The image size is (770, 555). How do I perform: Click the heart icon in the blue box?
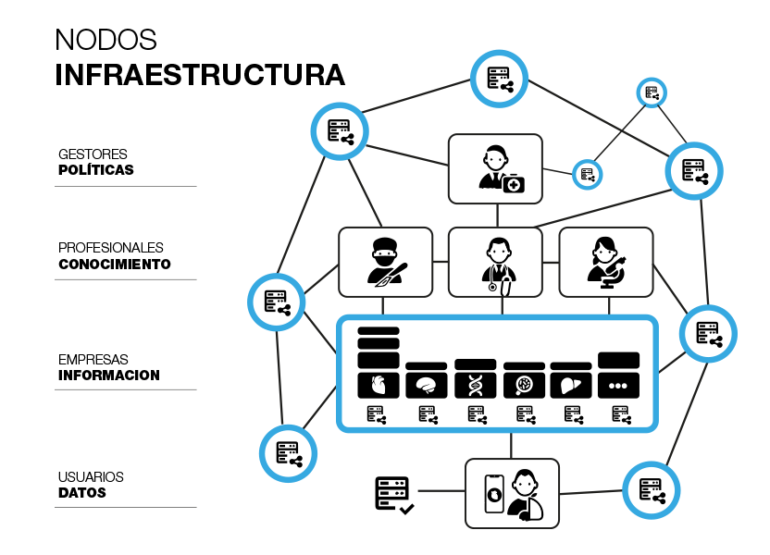pos(378,385)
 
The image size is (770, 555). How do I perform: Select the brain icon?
pos(426,385)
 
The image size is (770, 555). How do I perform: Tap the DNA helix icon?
pos(475,385)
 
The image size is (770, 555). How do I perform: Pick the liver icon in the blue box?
pos(570,385)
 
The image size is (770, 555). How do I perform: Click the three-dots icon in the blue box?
pos(617,386)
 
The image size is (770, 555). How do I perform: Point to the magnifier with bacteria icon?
pos(524,385)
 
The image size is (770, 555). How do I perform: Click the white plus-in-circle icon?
pos(514,185)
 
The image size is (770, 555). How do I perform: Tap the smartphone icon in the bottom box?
pos(494,494)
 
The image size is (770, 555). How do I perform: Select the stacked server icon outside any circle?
pos(391,487)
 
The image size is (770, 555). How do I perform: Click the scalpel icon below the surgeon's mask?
pos(383,281)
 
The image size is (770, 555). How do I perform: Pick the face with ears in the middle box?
pos(499,252)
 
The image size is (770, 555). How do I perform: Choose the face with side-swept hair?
pos(604,252)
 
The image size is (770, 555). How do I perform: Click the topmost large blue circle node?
pos(499,79)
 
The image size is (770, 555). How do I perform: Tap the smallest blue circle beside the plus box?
pos(587,174)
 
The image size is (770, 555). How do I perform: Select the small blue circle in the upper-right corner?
pos(652,92)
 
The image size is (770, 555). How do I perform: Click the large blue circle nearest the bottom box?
pos(651,489)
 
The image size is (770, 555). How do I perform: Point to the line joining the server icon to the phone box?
pos(440,490)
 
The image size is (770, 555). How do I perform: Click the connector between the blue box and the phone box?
pos(511,445)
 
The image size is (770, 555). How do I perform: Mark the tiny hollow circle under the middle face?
pos(492,287)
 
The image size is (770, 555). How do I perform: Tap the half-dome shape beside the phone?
pos(535,509)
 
